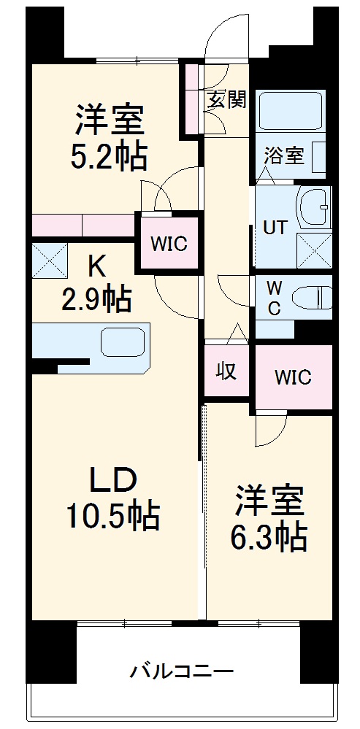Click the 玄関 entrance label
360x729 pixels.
226,100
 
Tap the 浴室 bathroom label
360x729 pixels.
283,155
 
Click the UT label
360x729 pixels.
275,226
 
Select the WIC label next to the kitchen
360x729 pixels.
169,243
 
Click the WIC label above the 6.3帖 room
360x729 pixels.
293,377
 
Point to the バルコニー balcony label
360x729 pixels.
183,671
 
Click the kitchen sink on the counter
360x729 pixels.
123,342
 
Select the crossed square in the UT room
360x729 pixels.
315,252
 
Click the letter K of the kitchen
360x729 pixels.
96,266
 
